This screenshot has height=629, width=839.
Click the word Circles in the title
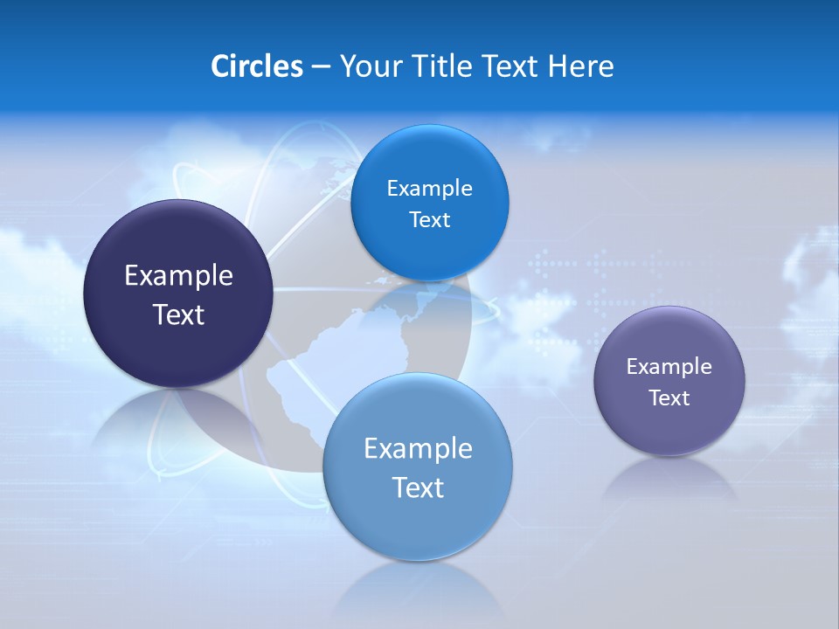(x=256, y=66)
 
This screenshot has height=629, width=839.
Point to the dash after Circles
(x=320, y=67)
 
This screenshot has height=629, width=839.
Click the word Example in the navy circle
(x=178, y=276)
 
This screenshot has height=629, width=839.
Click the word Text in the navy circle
(x=178, y=314)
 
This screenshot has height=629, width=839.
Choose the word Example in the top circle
(x=429, y=189)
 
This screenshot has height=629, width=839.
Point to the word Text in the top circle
(x=429, y=220)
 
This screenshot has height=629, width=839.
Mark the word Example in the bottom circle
(x=418, y=449)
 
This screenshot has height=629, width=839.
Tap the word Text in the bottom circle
(x=418, y=487)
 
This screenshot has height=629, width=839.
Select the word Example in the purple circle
(x=669, y=367)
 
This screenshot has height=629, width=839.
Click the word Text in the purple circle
(x=669, y=398)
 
